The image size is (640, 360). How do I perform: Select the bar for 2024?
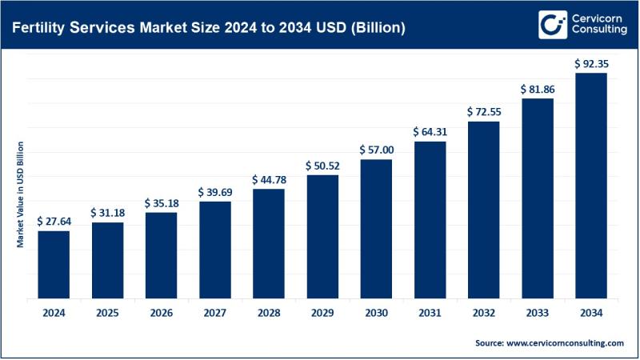click(54, 265)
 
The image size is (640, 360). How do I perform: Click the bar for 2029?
click(322, 237)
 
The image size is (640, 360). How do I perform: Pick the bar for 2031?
click(430, 220)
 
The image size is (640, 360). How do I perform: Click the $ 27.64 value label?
click(54, 221)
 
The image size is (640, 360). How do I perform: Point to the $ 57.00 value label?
click(376, 150)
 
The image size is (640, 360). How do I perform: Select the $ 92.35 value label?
click(591, 62)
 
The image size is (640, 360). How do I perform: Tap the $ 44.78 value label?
click(269, 179)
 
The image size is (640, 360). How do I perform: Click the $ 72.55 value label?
click(483, 111)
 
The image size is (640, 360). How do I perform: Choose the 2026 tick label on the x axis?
click(161, 313)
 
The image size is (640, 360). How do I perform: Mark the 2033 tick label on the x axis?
click(537, 313)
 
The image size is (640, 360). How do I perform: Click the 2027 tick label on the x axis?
click(214, 313)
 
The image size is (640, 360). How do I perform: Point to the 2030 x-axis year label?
click(376, 313)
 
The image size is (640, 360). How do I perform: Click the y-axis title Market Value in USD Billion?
click(21, 194)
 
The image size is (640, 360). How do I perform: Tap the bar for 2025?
click(107, 261)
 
